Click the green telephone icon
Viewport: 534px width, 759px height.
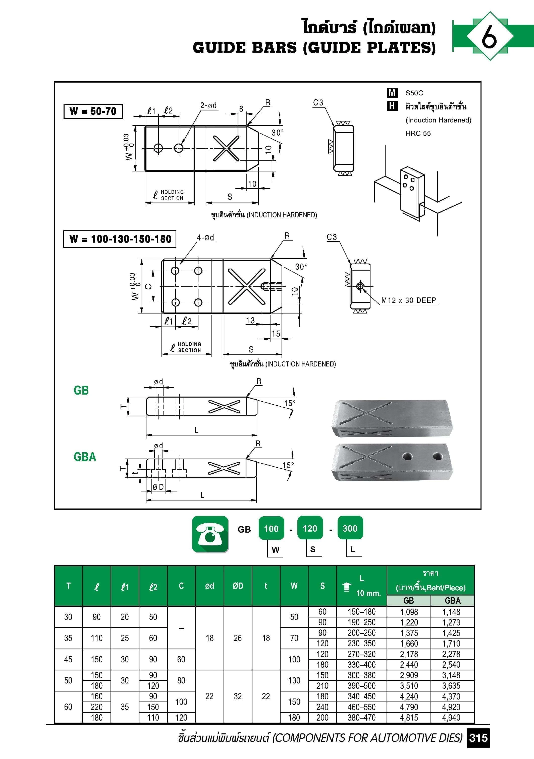pyautogui.click(x=210, y=534)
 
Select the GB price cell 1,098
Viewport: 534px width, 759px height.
pyautogui.click(x=409, y=612)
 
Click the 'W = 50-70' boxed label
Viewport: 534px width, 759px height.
pyautogui.click(x=93, y=111)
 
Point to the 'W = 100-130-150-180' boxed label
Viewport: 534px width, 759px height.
pyautogui.click(x=120, y=239)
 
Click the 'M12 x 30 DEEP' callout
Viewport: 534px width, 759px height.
pyautogui.click(x=409, y=300)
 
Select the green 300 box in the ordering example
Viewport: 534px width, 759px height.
pyautogui.click(x=350, y=528)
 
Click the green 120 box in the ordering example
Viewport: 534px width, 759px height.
pyautogui.click(x=310, y=528)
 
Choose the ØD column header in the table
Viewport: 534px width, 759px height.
pyautogui.click(x=238, y=586)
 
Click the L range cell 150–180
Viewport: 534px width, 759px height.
pyautogui.click(x=361, y=612)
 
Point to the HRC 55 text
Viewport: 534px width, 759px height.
pyautogui.click(x=418, y=133)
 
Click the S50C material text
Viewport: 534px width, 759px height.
pyautogui.click(x=414, y=93)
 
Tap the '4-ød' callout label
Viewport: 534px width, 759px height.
pyautogui.click(x=205, y=237)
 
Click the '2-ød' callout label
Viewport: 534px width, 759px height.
pyautogui.click(x=208, y=105)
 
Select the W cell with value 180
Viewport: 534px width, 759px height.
pyautogui.click(x=294, y=718)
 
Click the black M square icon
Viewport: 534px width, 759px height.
pyautogui.click(x=392, y=93)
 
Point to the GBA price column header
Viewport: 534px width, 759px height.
pyautogui.click(x=452, y=600)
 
